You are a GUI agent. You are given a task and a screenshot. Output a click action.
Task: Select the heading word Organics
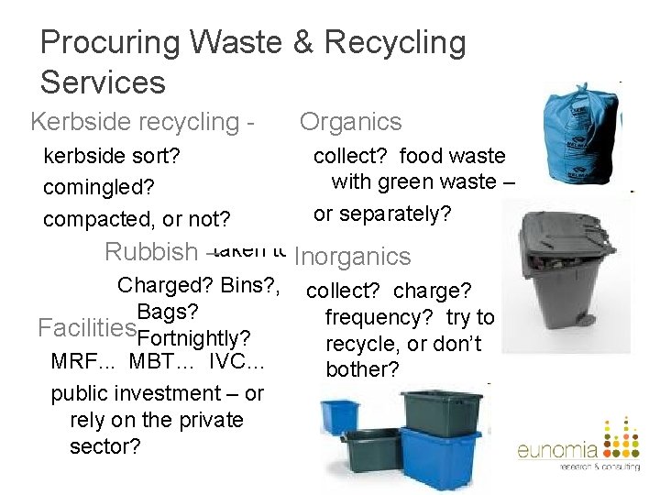[x=350, y=122]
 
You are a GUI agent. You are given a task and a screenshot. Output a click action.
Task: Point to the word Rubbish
[x=151, y=251]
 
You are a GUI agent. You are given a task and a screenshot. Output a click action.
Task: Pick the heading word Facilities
[x=86, y=326]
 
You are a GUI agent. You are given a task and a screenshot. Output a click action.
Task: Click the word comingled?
[x=99, y=187]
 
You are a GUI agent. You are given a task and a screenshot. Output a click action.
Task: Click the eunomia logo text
[x=556, y=450]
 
